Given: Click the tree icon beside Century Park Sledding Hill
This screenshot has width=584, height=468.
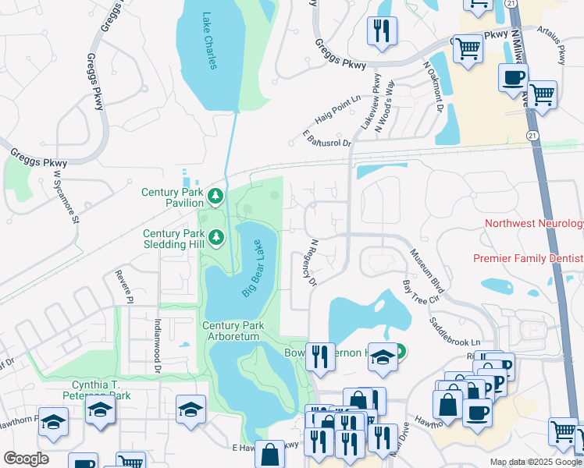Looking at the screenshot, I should pyautogui.click(x=215, y=236).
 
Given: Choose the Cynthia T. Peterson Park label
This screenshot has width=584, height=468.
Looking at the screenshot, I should pyautogui.click(x=90, y=389).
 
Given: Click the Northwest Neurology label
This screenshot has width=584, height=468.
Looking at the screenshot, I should pyautogui.click(x=534, y=224).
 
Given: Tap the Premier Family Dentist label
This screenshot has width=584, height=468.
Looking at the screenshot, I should pyautogui.click(x=528, y=258).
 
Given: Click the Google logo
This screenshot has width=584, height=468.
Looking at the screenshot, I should pyautogui.click(x=26, y=458).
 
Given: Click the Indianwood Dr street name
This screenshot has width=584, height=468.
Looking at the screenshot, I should pyautogui.click(x=157, y=340).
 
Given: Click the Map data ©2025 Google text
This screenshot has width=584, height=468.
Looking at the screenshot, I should pyautogui.click(x=536, y=462).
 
